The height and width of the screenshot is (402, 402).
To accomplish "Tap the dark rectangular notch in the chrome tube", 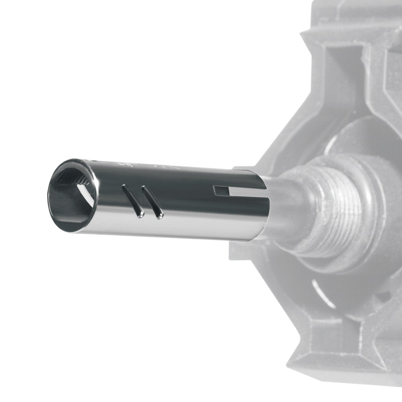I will coord(221,191).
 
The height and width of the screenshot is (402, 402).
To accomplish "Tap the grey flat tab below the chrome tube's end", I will coord(245,248).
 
